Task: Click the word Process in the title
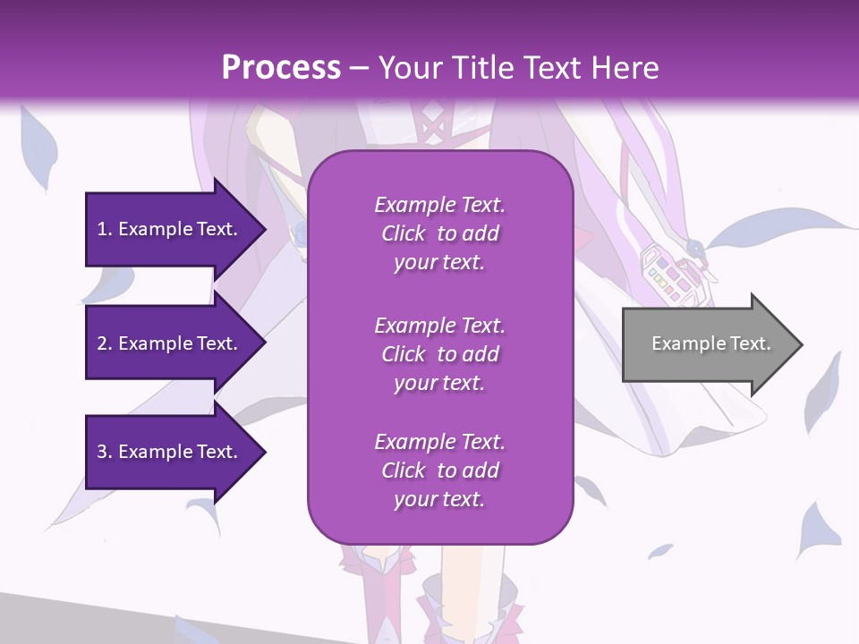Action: pos(281,67)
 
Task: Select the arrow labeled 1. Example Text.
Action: pos(170,229)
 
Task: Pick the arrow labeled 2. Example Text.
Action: pos(170,343)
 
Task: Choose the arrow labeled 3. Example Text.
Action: pos(170,452)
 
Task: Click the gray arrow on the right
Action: pos(707,343)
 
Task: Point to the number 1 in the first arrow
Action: pos(102,229)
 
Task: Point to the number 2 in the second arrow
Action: pos(102,343)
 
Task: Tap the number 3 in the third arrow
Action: pos(102,452)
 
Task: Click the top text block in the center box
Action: pos(439,233)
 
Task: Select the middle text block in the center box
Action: pos(439,353)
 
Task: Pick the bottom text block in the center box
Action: pos(439,470)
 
